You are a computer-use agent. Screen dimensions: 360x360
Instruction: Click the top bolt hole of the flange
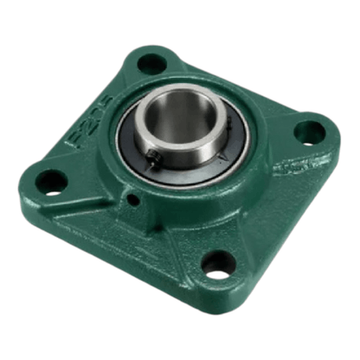[x=152, y=62]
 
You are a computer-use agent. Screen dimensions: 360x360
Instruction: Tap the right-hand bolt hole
[x=307, y=132]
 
